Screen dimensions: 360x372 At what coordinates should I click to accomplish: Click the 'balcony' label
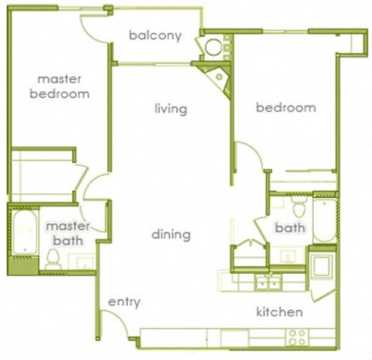156,35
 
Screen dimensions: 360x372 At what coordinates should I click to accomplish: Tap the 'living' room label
170,109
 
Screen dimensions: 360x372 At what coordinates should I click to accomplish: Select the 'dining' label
171,234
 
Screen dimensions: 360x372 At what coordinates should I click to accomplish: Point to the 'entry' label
124,302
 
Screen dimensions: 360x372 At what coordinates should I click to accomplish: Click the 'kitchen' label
279,312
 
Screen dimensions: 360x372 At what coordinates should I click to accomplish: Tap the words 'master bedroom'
59,86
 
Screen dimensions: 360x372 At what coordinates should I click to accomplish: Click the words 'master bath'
67,233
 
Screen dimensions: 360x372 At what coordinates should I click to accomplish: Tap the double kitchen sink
268,280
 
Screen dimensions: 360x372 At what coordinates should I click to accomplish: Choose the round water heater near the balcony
213,47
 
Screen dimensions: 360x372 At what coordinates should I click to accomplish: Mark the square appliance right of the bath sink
322,265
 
